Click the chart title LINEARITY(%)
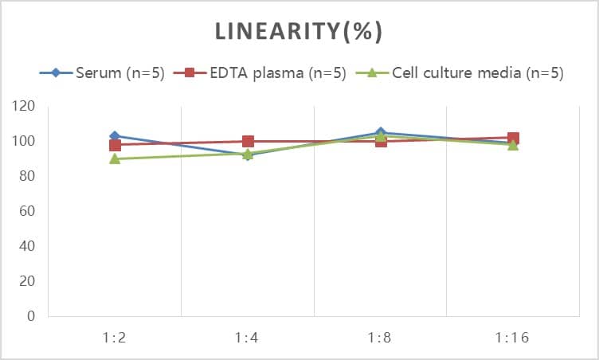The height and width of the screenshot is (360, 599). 299,32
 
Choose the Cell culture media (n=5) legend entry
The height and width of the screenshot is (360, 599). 477,73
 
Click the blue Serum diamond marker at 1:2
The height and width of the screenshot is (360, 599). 115,136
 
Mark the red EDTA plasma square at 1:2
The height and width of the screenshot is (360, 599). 115,145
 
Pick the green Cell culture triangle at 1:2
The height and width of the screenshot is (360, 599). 115,159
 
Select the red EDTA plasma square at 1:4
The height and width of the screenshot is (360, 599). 248,142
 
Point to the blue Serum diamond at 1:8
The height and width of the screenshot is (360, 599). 381,133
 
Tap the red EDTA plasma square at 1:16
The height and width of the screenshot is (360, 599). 513,139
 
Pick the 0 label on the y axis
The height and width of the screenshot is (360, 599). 31,316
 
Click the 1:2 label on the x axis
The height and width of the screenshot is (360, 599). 115,338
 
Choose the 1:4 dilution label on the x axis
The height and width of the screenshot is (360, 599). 248,338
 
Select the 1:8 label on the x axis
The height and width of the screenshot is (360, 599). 381,338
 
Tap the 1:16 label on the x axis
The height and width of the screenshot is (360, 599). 513,338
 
